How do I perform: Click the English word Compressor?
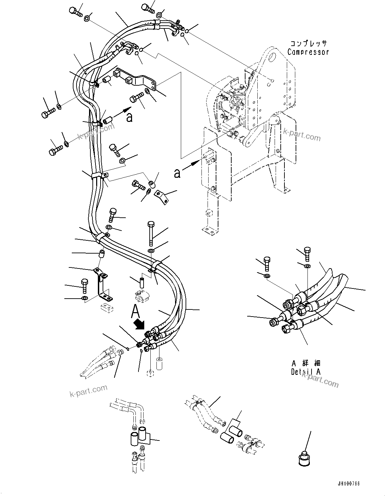click(x=308, y=52)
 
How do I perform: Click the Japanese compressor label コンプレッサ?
click(x=308, y=43)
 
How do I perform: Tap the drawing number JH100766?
click(x=348, y=484)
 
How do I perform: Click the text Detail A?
click(x=306, y=371)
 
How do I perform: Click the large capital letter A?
click(x=135, y=310)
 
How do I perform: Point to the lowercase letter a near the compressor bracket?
click(x=177, y=174)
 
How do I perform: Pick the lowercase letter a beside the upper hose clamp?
click(x=129, y=117)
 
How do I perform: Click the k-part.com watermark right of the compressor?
click(x=302, y=135)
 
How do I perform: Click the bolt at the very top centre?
click(x=147, y=6)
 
